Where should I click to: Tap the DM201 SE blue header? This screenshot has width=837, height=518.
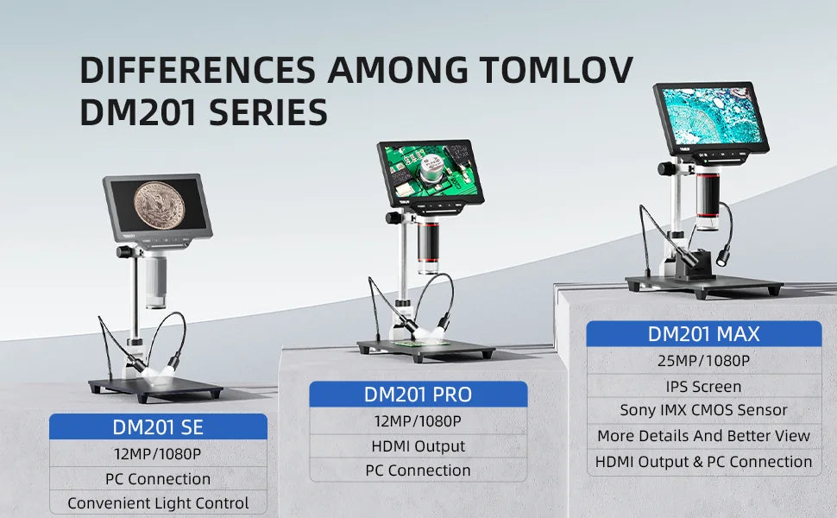[x=158, y=426]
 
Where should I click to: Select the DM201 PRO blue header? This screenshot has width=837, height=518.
[x=418, y=395]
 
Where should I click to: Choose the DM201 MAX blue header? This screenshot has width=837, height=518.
[x=703, y=333]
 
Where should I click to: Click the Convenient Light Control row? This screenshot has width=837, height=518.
[x=158, y=502]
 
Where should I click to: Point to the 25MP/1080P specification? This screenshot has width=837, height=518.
[x=703, y=361]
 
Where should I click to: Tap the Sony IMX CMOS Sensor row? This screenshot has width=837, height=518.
[x=703, y=410]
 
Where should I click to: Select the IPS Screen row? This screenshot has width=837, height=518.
[x=703, y=386]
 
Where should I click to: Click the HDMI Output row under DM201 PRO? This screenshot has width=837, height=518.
[x=418, y=446]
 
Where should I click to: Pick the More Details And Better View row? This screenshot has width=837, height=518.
[x=703, y=436]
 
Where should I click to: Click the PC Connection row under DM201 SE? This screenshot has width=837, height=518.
[x=158, y=478]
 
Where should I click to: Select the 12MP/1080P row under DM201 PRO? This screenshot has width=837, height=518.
[x=418, y=421]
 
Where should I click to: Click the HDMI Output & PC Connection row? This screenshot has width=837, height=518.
[x=703, y=462]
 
